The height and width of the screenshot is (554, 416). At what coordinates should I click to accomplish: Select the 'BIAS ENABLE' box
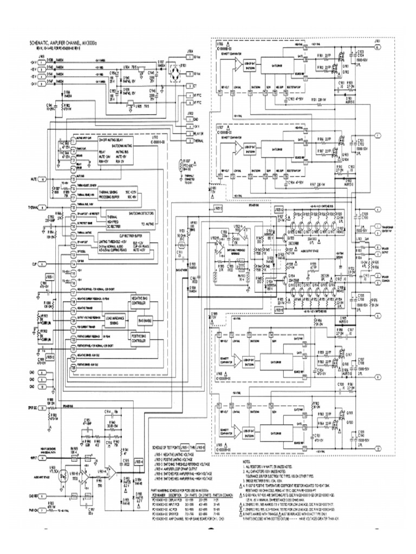(146, 320)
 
